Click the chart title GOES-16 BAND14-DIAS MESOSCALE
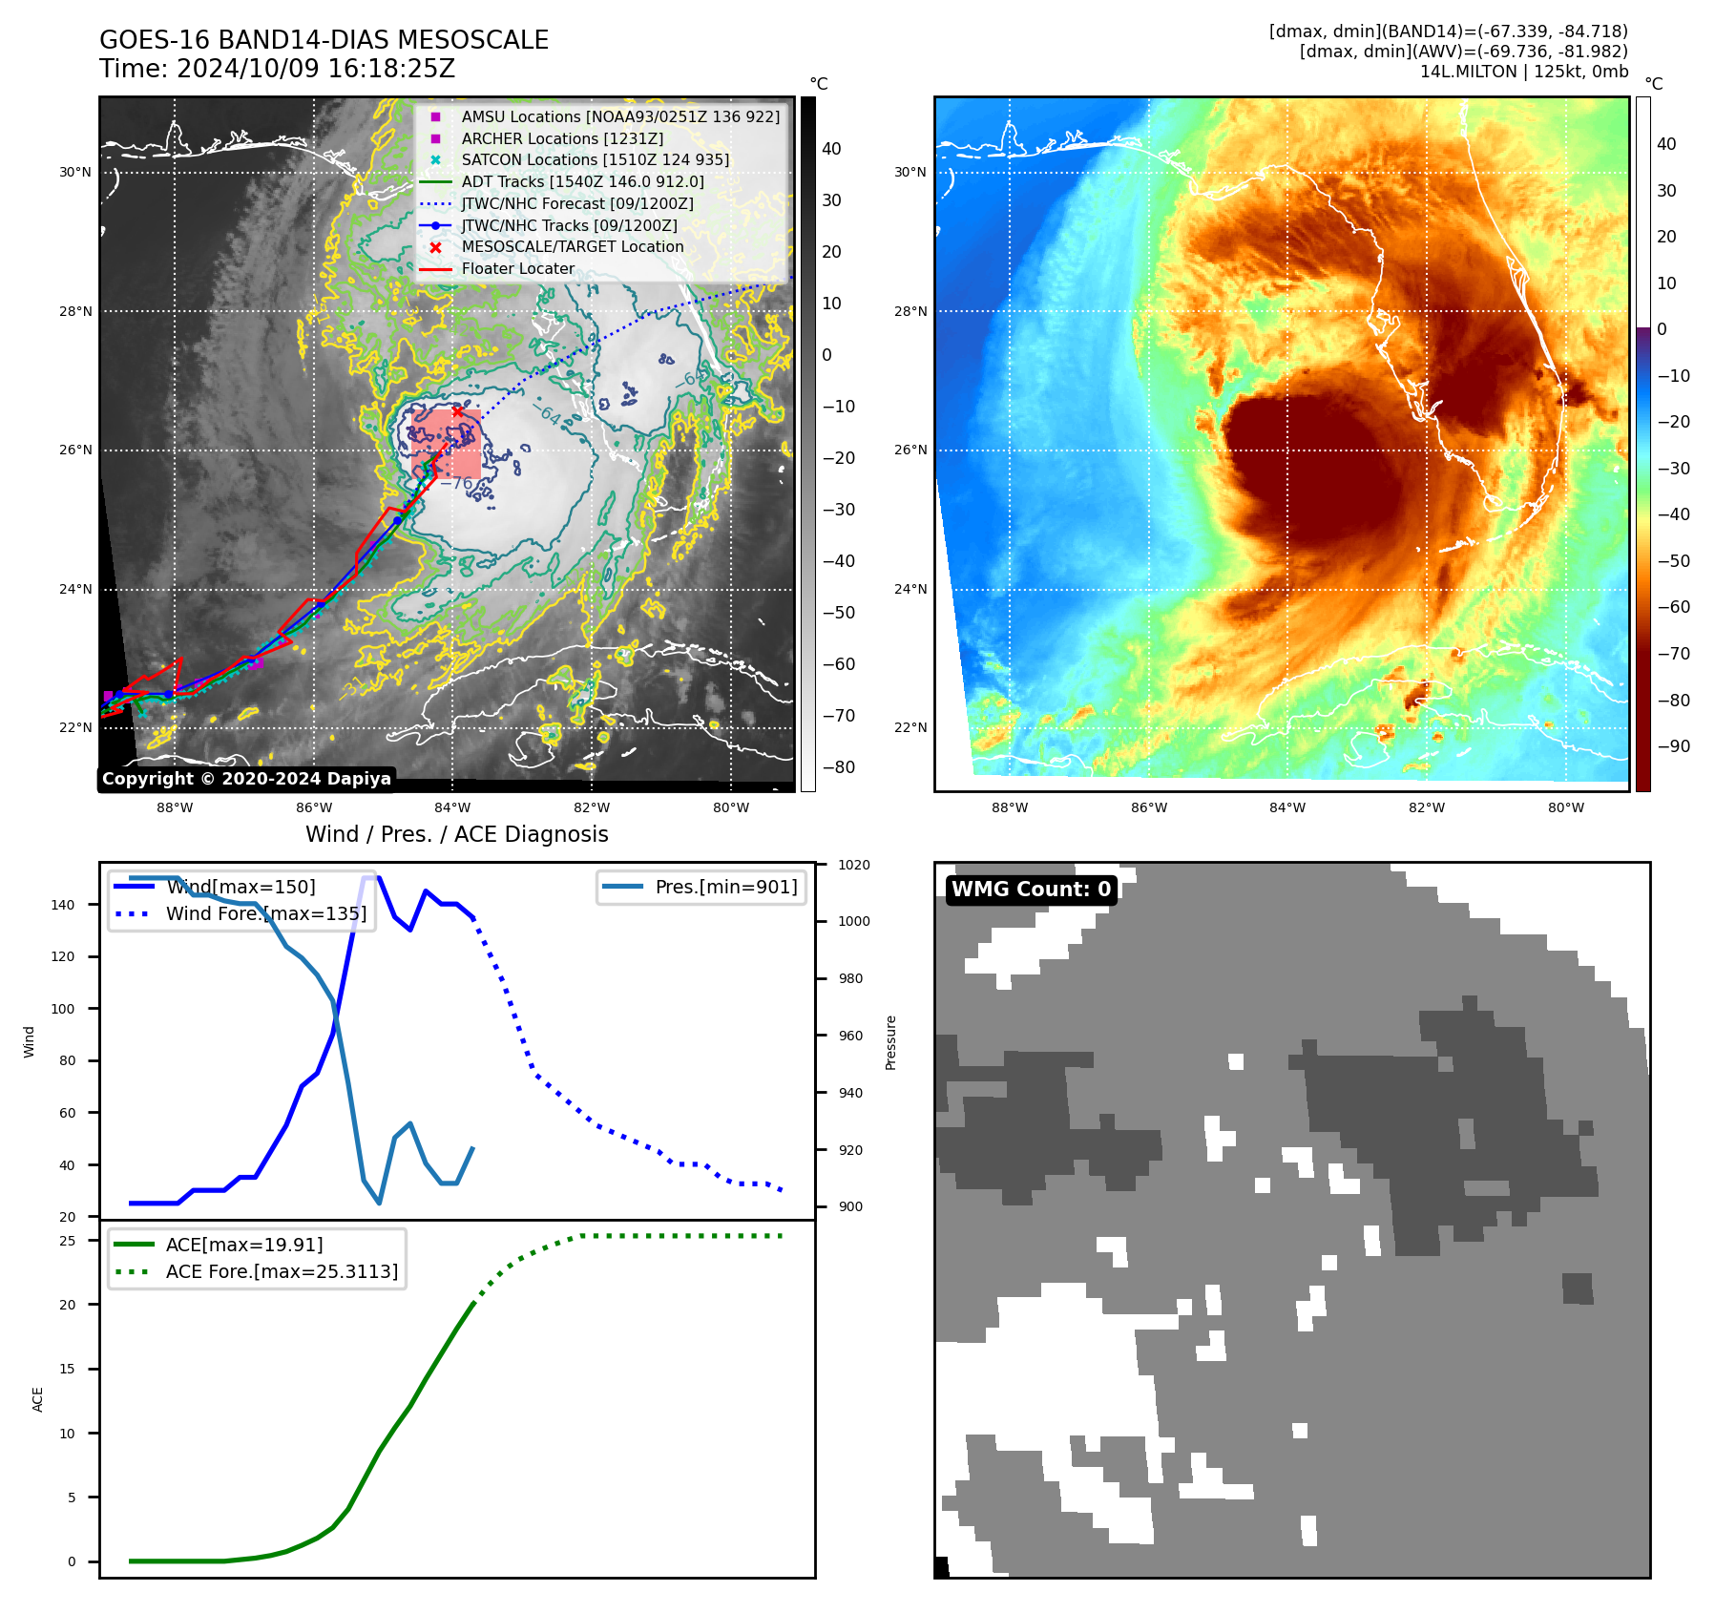[x=324, y=40]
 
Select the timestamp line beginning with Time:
[x=277, y=69]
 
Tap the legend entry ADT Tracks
[x=582, y=181]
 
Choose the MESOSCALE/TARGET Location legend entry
[x=573, y=246]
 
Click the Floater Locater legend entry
[x=517, y=268]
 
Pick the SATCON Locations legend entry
[x=595, y=159]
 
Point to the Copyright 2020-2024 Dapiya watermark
[x=246, y=779]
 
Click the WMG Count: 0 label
[x=1031, y=889]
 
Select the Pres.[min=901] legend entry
[x=725, y=887]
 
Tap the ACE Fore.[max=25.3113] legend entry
[x=282, y=1271]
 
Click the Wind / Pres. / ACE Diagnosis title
[x=456, y=834]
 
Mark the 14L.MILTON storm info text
[x=1523, y=72]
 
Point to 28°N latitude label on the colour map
[x=910, y=311]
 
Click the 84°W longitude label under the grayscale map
[x=452, y=807]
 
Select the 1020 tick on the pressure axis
[x=854, y=865]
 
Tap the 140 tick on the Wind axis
[x=62, y=905]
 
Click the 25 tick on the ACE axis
[x=68, y=1241]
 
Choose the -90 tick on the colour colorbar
[x=1673, y=746]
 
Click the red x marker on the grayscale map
[x=458, y=411]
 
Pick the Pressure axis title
[x=890, y=1042]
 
